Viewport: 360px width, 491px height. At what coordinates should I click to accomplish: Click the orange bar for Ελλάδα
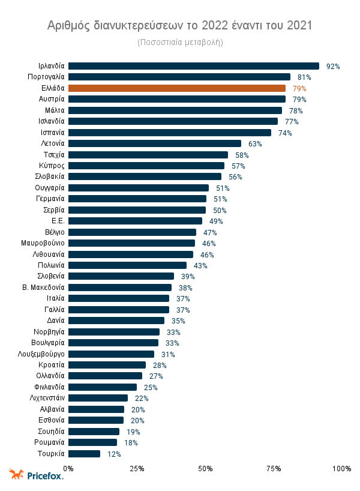point(177,88)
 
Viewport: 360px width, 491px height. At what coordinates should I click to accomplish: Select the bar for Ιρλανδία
point(194,66)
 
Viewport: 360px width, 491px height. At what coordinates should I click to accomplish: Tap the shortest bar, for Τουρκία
point(85,454)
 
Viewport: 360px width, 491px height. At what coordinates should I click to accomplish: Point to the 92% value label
point(333,67)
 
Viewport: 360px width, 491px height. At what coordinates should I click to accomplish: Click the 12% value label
point(114,454)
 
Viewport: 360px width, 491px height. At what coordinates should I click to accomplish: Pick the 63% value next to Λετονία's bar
point(255,144)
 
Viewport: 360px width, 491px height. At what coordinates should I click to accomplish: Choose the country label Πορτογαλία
point(46,77)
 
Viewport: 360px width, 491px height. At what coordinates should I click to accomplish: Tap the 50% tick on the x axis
point(205,468)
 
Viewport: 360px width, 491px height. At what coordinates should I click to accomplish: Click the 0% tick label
point(68,468)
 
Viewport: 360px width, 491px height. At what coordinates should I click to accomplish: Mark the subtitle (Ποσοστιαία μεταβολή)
point(180,42)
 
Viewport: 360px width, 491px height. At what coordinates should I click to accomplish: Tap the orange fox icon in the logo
point(16,474)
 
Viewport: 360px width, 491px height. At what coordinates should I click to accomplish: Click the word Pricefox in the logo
point(45,475)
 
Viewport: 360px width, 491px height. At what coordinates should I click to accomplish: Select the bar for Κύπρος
point(146,166)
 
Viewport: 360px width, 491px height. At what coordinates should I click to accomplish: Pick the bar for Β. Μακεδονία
point(120,288)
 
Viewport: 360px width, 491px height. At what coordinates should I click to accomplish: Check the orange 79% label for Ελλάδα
point(299,89)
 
